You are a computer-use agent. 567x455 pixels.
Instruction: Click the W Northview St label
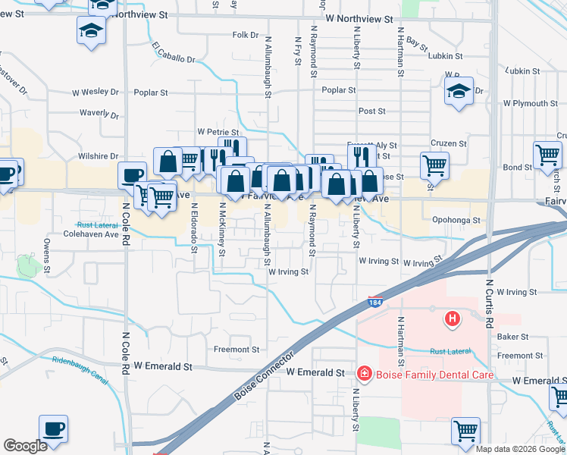359,18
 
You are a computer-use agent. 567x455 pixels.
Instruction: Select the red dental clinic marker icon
365,373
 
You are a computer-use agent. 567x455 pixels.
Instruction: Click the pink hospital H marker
453,319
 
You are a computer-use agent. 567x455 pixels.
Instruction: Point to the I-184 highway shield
375,302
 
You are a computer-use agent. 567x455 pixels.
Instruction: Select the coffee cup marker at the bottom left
53,430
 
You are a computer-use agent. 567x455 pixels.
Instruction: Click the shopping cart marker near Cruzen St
434,164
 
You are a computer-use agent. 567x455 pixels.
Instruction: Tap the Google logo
25,447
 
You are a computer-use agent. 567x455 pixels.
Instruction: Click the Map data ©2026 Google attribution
520,449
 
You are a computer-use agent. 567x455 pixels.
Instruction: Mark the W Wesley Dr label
96,93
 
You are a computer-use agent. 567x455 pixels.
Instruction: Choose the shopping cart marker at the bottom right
465,431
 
